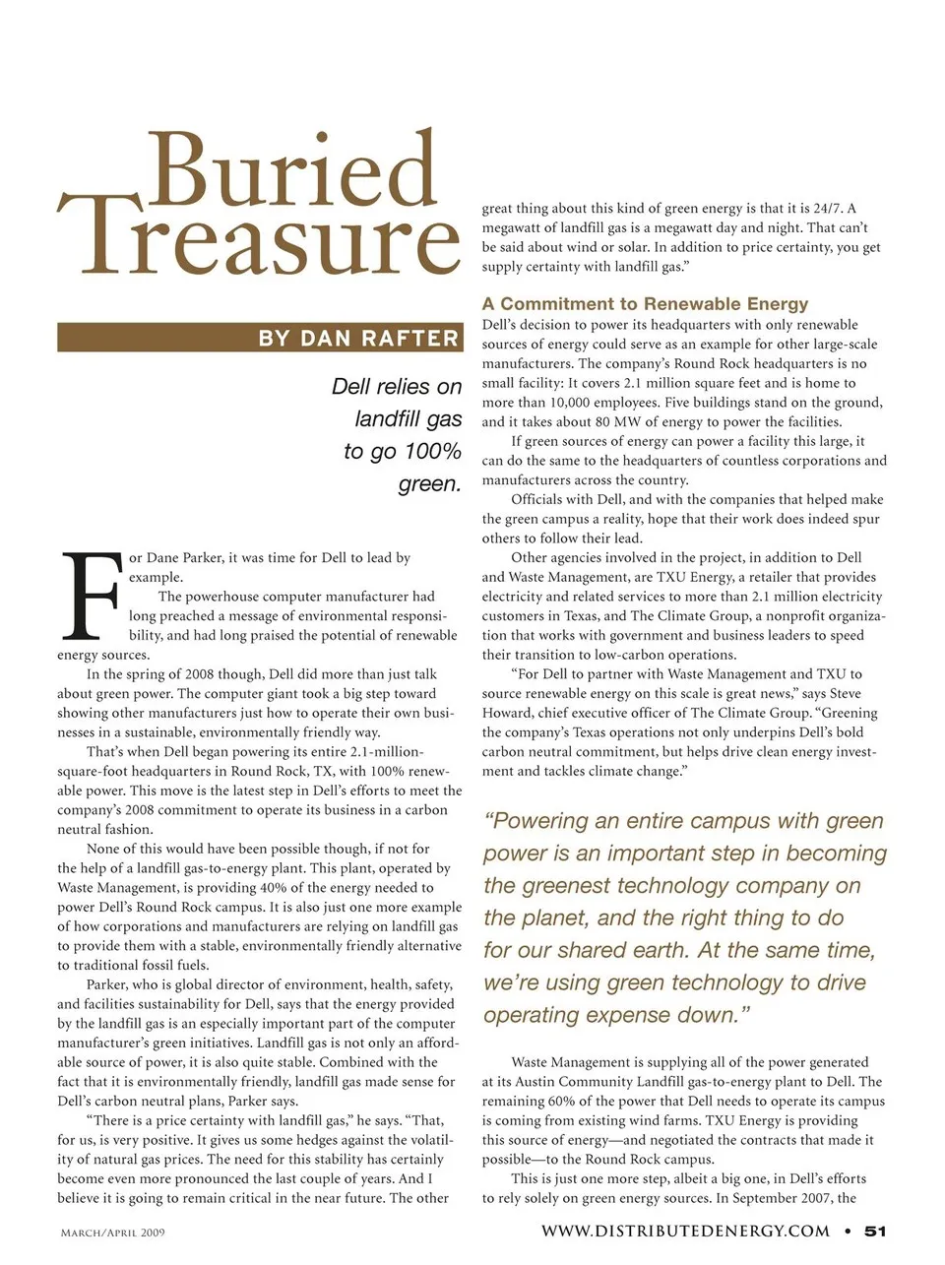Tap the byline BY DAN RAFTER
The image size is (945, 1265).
358,339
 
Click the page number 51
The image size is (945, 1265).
875,1231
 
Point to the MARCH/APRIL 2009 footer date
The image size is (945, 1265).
112,1233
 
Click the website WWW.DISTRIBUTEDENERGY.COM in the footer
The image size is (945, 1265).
685,1231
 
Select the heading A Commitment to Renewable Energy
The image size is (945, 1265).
645,304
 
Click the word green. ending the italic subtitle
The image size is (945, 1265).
430,484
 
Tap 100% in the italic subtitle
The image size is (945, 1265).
431,452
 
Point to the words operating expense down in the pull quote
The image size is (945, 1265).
609,1015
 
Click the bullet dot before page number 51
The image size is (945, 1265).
848,1231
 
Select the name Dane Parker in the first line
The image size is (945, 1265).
184,558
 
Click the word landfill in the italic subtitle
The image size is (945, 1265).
408,419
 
